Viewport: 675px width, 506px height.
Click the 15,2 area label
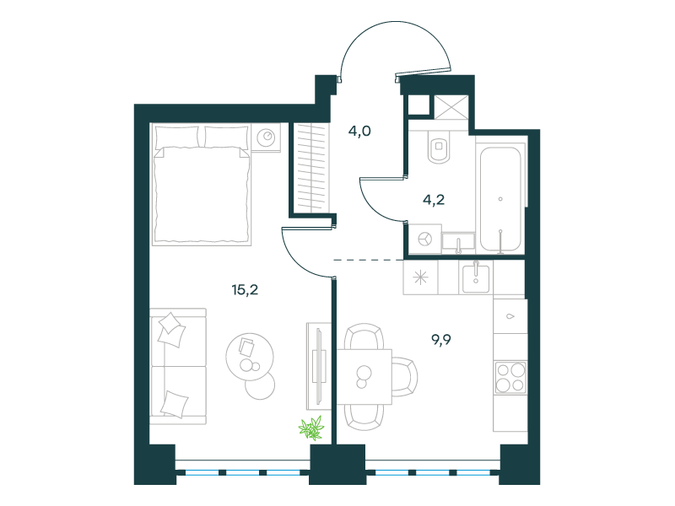[245, 290]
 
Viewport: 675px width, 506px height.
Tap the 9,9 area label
[441, 340]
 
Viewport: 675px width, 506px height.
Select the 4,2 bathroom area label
[434, 200]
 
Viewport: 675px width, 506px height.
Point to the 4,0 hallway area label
[359, 131]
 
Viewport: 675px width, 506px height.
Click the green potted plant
[311, 428]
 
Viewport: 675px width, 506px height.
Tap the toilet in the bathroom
[439, 147]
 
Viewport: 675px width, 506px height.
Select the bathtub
[500, 199]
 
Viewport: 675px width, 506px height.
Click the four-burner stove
[510, 377]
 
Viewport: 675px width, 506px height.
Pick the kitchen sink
[476, 279]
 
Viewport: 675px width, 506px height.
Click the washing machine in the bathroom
[425, 239]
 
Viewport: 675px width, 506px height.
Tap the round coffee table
[250, 356]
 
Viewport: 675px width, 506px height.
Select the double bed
[202, 184]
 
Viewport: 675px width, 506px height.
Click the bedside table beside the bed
[266, 137]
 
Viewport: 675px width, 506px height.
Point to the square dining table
[364, 376]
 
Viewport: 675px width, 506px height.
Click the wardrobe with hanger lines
[311, 168]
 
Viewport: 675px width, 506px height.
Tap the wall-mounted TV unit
[319, 366]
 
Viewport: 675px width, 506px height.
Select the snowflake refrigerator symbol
[420, 277]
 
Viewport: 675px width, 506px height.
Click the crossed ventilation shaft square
[451, 107]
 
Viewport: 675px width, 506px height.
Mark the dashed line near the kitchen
[369, 260]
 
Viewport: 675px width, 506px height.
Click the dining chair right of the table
[405, 376]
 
